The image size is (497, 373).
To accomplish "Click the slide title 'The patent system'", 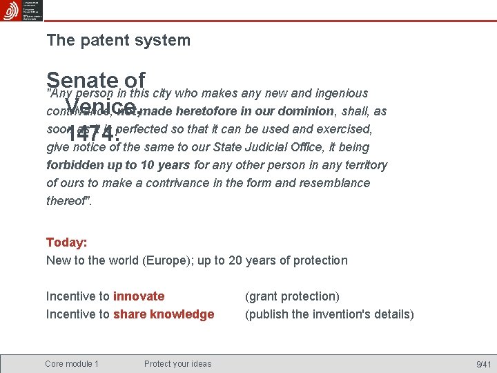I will (118, 40).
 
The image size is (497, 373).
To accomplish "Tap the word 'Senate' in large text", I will (73, 81).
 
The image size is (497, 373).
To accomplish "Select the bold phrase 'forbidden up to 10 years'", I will (118, 165).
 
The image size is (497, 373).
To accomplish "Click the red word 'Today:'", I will (66, 242).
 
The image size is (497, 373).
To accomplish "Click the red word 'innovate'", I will (139, 296).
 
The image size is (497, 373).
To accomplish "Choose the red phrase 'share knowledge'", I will (164, 314).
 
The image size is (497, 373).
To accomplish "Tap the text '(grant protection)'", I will (293, 296).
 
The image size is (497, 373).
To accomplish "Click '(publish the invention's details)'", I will (330, 314).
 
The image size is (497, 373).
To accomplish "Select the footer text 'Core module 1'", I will (72, 364).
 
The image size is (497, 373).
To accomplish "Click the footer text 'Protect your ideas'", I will (178, 364).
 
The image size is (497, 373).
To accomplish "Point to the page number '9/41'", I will (483, 364).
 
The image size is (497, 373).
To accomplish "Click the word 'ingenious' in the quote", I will (341, 93).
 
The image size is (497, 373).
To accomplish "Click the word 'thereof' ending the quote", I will (66, 201).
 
